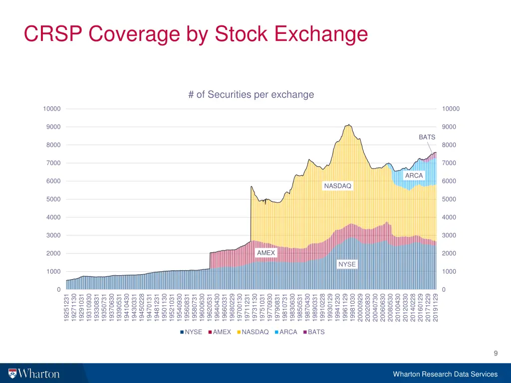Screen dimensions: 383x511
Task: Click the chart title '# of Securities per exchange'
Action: tap(251, 94)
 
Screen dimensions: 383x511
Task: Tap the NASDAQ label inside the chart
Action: tap(337, 186)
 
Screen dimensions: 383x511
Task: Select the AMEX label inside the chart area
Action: tap(266, 253)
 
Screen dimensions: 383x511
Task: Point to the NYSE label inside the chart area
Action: tap(347, 264)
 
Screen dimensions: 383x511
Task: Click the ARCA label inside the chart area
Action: tap(414, 176)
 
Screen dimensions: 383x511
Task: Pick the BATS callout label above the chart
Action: tap(427, 137)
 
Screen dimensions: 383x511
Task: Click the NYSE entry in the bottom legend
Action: tap(192, 332)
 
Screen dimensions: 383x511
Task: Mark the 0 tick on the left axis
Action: tap(58, 290)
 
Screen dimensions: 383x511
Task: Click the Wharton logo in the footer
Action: tap(34, 374)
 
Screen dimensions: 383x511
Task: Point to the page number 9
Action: tap(495, 354)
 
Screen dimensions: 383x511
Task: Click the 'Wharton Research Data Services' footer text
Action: tap(445, 374)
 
